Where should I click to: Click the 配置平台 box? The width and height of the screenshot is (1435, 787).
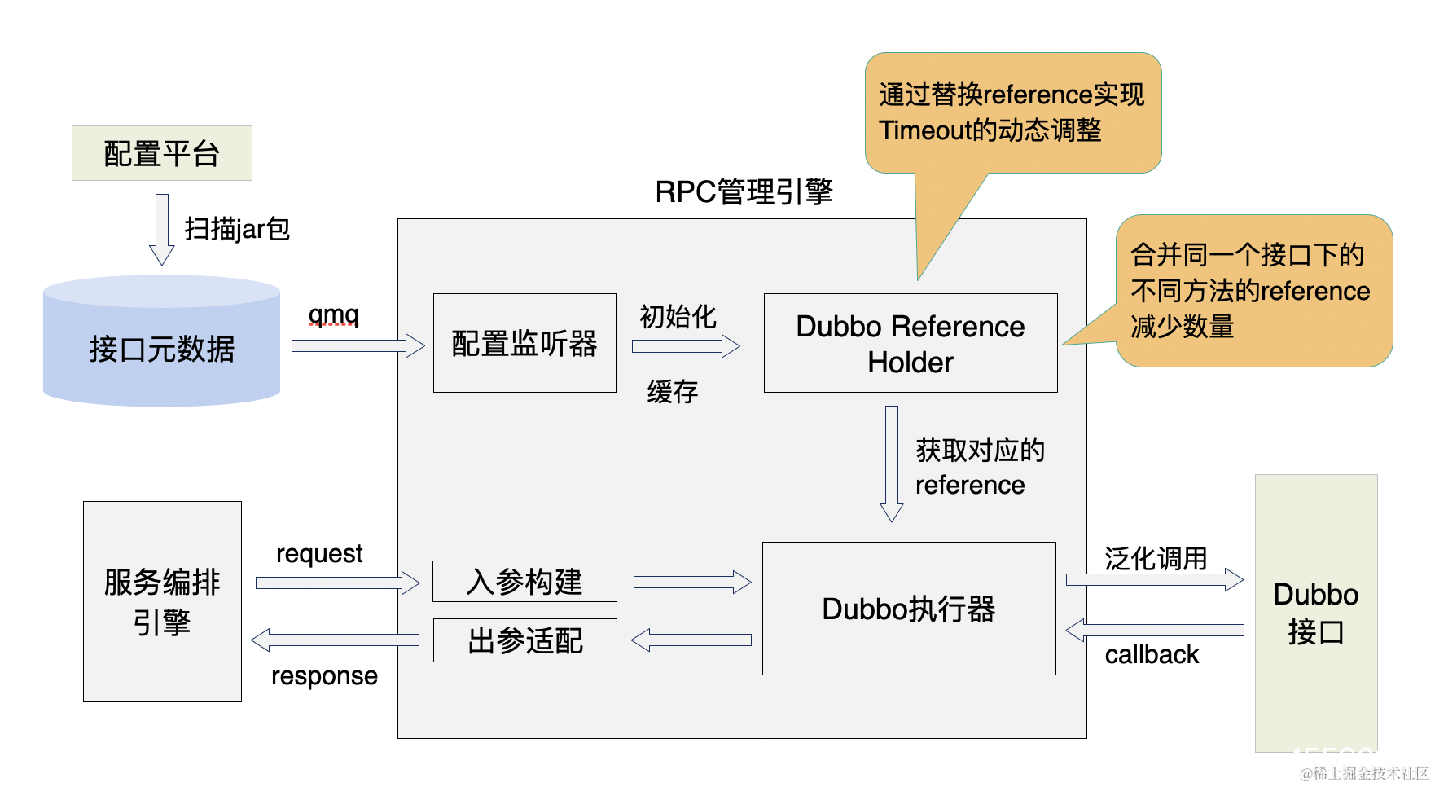(x=161, y=153)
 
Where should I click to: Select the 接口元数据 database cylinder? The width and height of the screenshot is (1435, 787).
(x=161, y=342)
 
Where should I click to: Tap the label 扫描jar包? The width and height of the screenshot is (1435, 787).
(x=237, y=229)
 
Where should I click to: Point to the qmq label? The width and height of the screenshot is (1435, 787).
(x=333, y=314)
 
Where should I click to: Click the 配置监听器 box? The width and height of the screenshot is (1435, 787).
(x=524, y=343)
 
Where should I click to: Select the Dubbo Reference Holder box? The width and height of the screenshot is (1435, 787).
(x=910, y=343)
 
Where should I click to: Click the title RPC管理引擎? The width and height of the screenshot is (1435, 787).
(x=744, y=192)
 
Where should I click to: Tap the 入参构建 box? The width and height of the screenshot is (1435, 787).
(x=524, y=581)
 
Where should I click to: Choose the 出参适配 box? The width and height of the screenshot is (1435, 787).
(x=524, y=640)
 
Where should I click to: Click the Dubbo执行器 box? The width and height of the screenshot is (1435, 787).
(x=908, y=609)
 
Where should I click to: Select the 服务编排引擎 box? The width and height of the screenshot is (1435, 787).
(x=162, y=601)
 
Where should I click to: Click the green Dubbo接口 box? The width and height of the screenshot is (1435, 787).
(x=1315, y=613)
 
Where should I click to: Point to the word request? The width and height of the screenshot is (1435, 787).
(x=319, y=554)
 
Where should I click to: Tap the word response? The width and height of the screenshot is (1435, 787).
(x=324, y=676)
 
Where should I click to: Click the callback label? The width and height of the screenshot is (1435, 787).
(x=1152, y=655)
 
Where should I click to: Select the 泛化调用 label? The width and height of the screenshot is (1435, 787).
(x=1155, y=558)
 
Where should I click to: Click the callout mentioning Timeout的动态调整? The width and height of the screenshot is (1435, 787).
(x=1012, y=112)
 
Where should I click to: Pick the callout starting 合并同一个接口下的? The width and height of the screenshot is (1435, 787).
(x=1253, y=291)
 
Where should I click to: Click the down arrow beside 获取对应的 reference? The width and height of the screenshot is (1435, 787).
(x=892, y=464)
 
